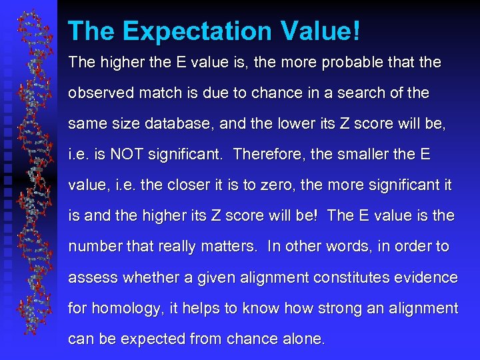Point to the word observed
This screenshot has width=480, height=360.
tap(97, 93)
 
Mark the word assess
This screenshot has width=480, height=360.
tap(91, 277)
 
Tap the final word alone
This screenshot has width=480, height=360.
tap(301, 339)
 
